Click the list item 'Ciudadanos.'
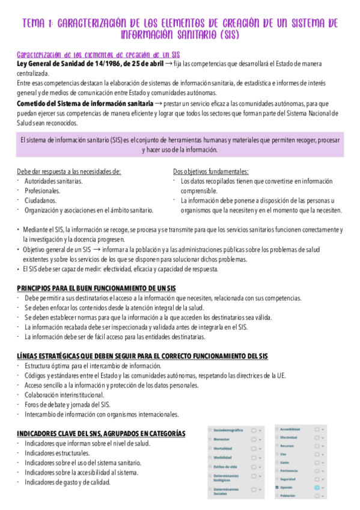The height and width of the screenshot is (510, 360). (40, 200)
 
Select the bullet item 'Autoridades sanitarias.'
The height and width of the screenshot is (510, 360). (54, 181)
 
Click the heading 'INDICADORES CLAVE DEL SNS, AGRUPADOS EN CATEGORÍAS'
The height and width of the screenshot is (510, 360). (101, 434)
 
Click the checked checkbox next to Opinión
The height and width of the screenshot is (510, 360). (276, 487)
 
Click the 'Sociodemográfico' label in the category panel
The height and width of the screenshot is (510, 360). (228, 430)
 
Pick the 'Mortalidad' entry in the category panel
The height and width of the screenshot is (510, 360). (223, 449)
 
